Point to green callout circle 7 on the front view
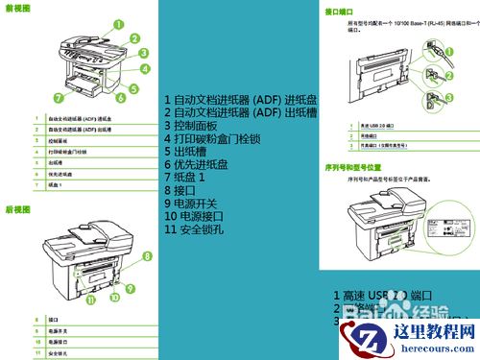coord(59,97)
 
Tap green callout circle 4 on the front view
coord(146,69)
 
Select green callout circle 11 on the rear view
coord(91,299)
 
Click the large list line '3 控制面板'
coord(192,126)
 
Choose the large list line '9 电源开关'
coord(192,204)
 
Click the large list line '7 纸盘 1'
coord(186,178)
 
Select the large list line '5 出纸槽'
coord(186,152)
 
